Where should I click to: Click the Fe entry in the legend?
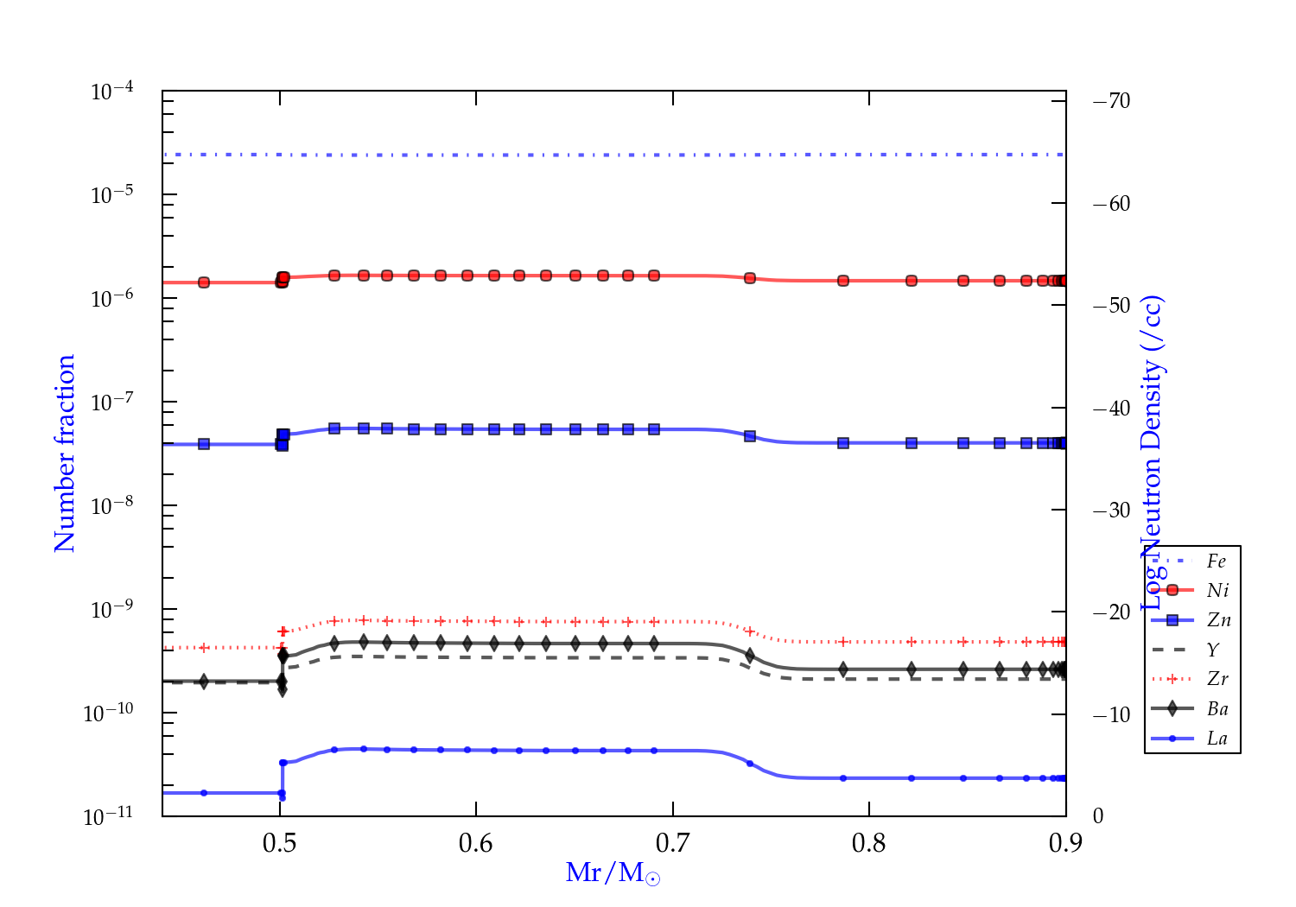click(x=1217, y=561)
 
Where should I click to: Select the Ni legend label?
click(x=1217, y=591)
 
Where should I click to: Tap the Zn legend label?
click(x=1218, y=620)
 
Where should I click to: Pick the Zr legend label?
click(x=1217, y=679)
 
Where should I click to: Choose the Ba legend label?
click(x=1217, y=709)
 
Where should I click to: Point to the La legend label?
click(x=1217, y=739)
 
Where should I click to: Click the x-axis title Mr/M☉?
click(x=613, y=873)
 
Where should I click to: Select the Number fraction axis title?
click(x=65, y=453)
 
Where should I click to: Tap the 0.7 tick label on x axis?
click(x=672, y=843)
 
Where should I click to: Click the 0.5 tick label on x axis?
click(x=279, y=843)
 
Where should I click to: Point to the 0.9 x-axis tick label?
click(x=1065, y=843)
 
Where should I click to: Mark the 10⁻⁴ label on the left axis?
click(x=112, y=91)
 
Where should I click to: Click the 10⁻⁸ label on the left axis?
click(x=112, y=505)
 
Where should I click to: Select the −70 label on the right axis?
click(x=1111, y=101)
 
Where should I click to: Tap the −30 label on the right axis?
click(x=1111, y=510)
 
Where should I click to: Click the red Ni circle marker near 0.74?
click(x=750, y=278)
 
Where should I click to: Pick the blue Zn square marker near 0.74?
click(x=750, y=436)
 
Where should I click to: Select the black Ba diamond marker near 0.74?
click(x=750, y=656)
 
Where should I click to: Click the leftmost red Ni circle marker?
click(x=204, y=282)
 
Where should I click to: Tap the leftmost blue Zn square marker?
click(x=204, y=444)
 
